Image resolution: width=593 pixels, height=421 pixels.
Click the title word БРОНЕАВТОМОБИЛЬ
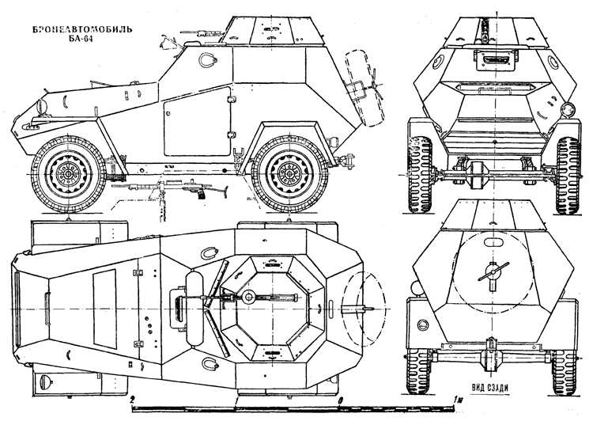82,29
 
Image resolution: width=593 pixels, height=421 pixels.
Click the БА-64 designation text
81,39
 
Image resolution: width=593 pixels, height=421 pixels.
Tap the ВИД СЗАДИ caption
489,387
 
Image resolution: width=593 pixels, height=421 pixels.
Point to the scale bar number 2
132,400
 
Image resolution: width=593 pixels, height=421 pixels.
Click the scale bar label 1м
458,400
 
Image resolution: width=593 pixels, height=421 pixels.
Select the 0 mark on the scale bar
341,400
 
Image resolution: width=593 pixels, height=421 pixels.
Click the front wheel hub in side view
69,174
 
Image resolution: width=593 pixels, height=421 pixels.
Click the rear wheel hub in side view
289,174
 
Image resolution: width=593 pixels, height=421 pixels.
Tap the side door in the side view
197,121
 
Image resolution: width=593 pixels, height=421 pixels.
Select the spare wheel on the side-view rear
365,88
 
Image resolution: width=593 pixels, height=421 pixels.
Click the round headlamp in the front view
567,109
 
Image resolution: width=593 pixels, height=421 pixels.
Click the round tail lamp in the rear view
423,324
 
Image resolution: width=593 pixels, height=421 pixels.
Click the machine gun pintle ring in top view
249,297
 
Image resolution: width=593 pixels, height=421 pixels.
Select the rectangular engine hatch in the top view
104,309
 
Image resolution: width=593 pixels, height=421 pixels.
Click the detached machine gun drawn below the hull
178,188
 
